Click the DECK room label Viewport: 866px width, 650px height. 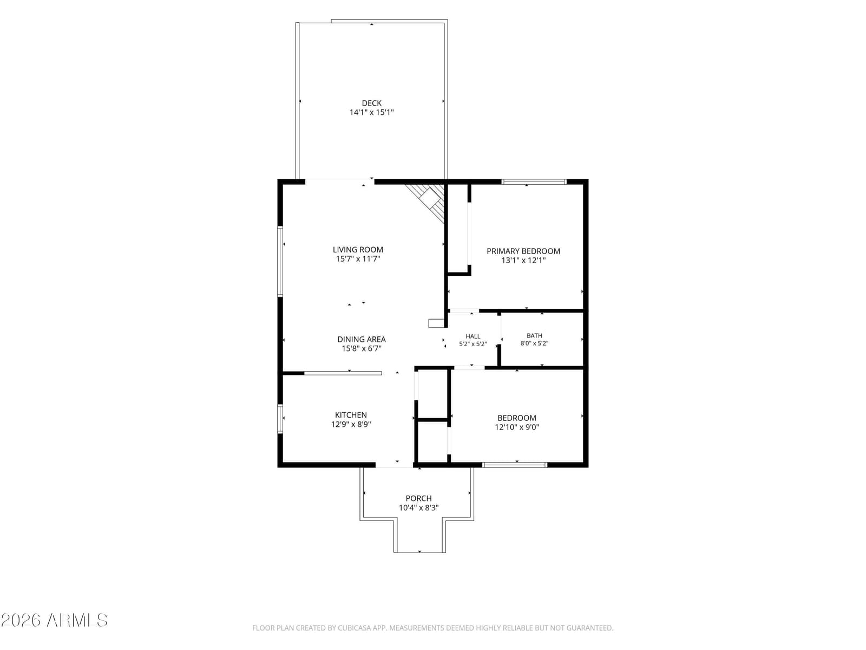coord(371,103)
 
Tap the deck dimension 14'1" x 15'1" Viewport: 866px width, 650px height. coord(371,113)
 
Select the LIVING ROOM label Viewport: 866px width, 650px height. coord(357,249)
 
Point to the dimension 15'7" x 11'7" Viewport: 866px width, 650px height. coord(357,259)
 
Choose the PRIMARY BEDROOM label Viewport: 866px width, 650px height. coord(523,251)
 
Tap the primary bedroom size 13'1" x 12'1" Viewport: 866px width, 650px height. coord(523,261)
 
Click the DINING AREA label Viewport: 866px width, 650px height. coord(362,339)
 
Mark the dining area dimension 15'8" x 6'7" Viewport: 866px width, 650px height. coord(362,348)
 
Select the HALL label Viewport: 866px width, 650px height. coord(473,336)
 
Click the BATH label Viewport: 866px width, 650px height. coord(534,335)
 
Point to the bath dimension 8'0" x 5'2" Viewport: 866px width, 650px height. coord(534,343)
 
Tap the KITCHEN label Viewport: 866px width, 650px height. coord(351,415)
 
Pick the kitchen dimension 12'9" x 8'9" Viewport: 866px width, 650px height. coord(351,424)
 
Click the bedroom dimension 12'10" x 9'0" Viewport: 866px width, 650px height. coord(517,427)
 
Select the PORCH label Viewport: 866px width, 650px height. coord(418,498)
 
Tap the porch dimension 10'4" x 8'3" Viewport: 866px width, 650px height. coord(418,508)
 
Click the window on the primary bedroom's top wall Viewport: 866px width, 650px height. coord(534,182)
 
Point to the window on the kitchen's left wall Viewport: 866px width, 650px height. coord(280,419)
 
